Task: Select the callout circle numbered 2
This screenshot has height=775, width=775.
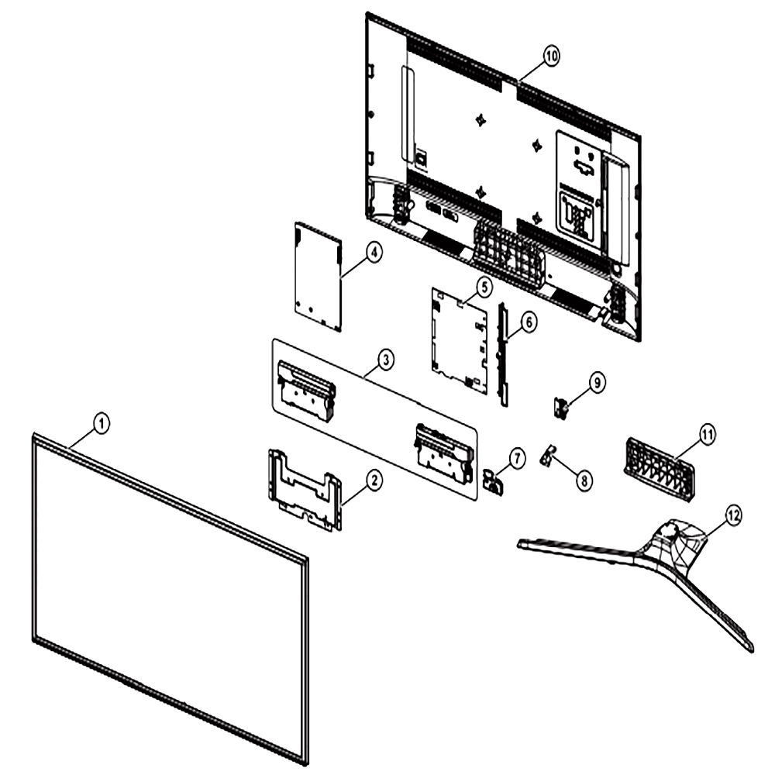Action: coord(374,480)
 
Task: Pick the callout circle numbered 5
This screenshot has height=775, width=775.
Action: coord(484,287)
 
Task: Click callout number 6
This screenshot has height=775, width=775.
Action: coord(529,322)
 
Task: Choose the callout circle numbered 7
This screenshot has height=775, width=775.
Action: coord(517,459)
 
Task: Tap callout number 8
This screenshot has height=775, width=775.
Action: coord(584,480)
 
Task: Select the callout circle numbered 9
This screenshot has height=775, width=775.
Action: coord(597,383)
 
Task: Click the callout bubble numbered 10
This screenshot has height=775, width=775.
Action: coord(552,55)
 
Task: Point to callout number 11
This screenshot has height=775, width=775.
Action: coord(708,435)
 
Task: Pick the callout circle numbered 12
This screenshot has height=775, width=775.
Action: coord(733,515)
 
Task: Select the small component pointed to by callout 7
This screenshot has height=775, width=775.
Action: coord(493,481)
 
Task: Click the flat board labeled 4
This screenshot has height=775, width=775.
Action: coord(319,277)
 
